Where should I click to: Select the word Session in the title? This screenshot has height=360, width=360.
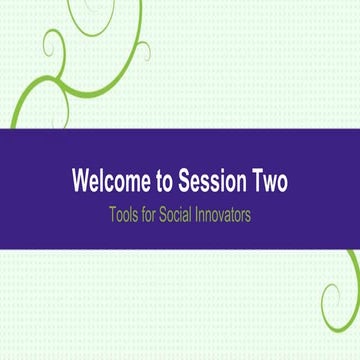pyautogui.click(x=214, y=183)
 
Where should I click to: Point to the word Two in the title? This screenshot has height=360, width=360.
pyautogui.click(x=270, y=183)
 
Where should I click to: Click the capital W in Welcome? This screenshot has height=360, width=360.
pyautogui.click(x=80, y=183)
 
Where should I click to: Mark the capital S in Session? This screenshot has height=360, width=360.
pyautogui.click(x=184, y=183)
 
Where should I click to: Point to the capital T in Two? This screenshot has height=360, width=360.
pyautogui.click(x=255, y=183)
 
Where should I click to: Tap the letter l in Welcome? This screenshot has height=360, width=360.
pyautogui.click(x=106, y=183)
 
